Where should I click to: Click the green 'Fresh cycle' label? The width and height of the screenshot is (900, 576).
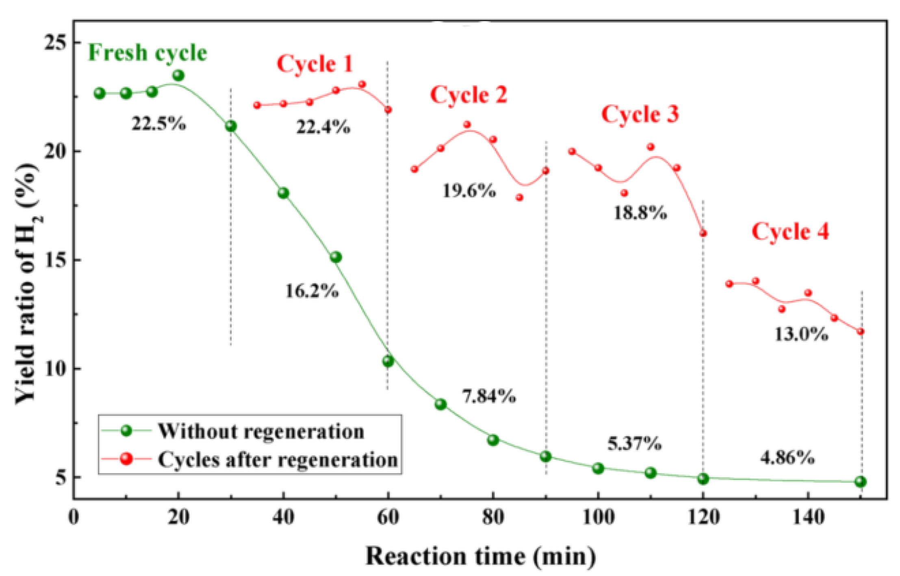147,53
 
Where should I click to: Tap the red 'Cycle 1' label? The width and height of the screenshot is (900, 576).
314,64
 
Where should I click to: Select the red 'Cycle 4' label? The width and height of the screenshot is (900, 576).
790,232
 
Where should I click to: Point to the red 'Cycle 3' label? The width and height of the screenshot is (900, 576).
640,114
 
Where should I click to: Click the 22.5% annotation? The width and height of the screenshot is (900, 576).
158,123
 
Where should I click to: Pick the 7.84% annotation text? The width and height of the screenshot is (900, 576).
489,396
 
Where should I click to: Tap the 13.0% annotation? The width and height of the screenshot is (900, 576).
801,334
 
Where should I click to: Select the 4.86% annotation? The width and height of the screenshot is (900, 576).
787,458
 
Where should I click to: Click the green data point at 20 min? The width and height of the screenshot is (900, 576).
178,75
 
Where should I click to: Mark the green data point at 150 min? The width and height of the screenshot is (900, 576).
860,482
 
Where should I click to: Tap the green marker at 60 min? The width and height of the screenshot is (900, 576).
388,361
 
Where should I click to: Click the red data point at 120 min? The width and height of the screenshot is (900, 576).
703,233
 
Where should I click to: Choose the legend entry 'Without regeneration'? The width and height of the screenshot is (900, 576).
260,431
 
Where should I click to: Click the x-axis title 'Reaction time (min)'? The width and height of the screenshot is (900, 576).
480,556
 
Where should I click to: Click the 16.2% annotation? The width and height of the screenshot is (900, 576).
312,291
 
